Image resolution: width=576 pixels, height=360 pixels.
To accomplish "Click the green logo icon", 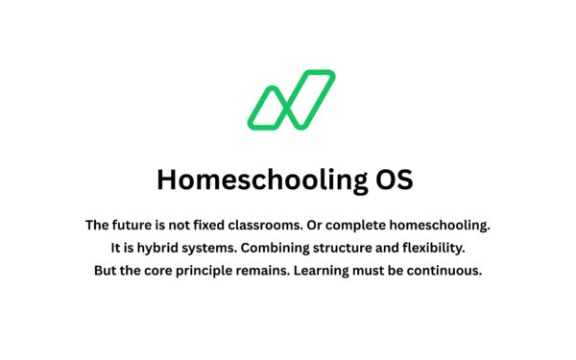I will [291, 100].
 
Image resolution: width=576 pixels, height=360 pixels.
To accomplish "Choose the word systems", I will [210, 248].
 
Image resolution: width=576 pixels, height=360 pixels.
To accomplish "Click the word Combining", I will [279, 248].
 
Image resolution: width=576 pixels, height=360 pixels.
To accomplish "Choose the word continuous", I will [442, 270].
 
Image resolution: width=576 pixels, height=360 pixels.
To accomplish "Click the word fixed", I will [197, 226].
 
